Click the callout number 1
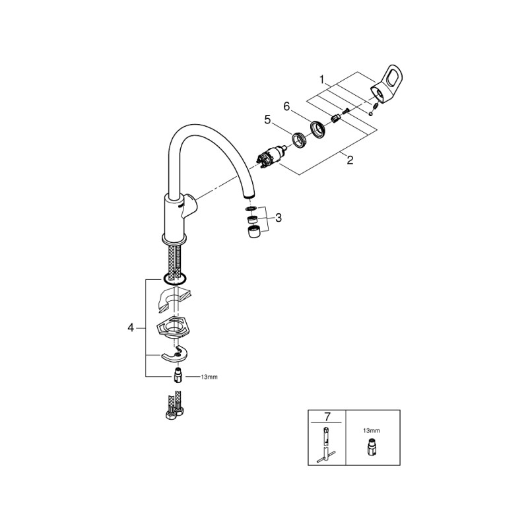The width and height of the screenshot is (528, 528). pos(322,79)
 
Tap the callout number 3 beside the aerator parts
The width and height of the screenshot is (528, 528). pos(279,217)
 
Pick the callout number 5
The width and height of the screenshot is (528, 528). pos(267,120)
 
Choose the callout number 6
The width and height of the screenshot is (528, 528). pos(286,106)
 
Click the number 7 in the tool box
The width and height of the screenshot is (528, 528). pos(327,416)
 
